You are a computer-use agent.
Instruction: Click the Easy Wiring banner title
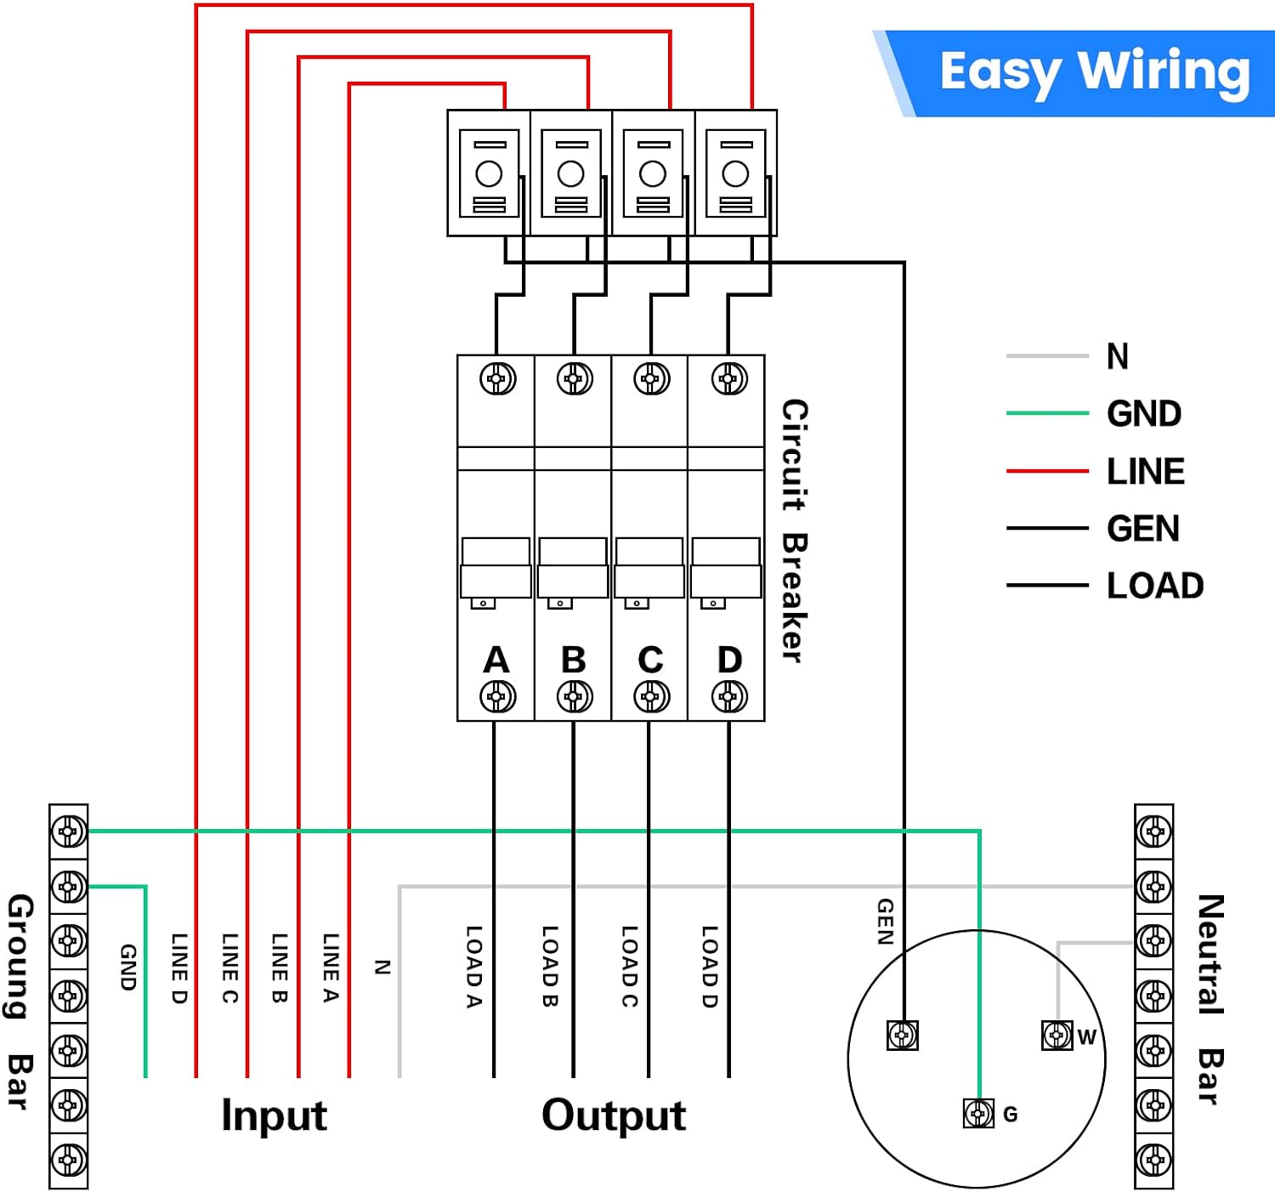[x=1095, y=72]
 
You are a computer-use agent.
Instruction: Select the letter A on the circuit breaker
[x=496, y=660]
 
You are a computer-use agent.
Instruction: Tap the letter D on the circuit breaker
[x=729, y=660]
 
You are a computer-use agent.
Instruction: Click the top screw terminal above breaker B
[x=574, y=379]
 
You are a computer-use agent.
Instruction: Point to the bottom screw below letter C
[x=652, y=697]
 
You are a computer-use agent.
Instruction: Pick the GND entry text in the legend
[x=1143, y=413]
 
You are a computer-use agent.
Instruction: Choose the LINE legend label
[x=1145, y=471]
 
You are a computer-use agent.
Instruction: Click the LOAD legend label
[x=1155, y=585]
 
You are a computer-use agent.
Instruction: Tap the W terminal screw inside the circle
[x=1057, y=1036]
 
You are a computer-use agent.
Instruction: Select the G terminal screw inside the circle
[x=979, y=1113]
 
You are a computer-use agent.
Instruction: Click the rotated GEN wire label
[x=886, y=922]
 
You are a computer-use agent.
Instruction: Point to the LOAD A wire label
[x=473, y=968]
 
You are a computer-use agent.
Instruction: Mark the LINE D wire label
[x=179, y=968]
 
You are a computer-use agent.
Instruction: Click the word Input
[x=275, y=1115]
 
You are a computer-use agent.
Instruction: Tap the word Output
[x=614, y=1115]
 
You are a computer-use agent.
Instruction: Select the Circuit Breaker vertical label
[x=794, y=531]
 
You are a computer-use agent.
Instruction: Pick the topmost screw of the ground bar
[x=69, y=832]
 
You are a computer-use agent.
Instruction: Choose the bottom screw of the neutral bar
[x=1154, y=1160]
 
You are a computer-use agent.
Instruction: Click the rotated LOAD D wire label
[x=710, y=968]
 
